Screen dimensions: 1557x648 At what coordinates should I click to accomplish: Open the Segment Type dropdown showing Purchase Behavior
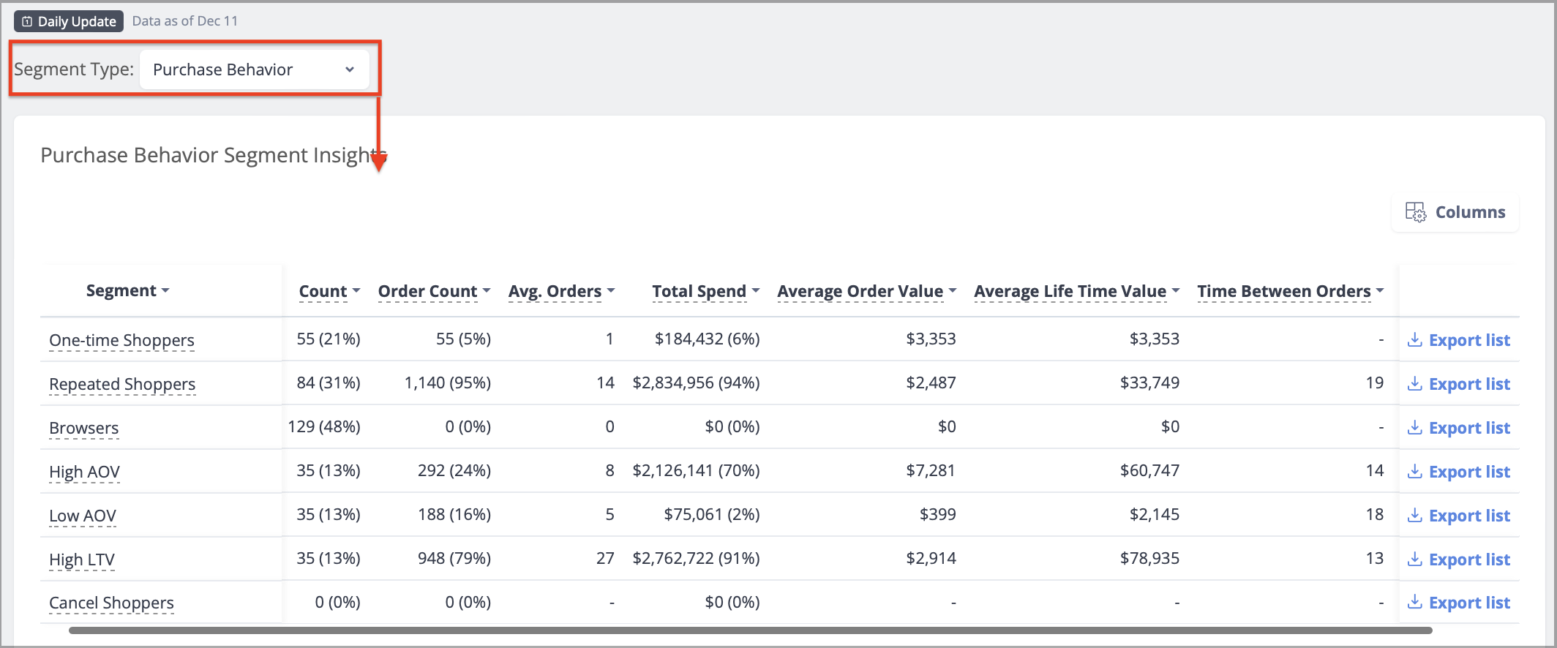[254, 69]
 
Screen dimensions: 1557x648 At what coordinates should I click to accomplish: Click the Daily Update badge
[69, 21]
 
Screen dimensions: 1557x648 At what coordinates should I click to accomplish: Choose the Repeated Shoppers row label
[122, 384]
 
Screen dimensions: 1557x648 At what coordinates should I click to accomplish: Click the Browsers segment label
[84, 428]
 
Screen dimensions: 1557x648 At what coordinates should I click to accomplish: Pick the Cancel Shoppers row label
[111, 603]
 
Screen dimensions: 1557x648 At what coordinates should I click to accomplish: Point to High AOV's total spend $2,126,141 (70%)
[697, 470]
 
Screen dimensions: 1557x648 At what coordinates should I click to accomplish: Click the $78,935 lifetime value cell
[1149, 558]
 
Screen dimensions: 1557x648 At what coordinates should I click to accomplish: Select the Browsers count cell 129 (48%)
[324, 426]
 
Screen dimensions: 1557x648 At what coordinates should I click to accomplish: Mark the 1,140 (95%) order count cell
[448, 383]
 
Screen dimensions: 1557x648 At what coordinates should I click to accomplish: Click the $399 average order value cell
[938, 514]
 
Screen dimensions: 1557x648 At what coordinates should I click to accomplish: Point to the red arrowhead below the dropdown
[379, 162]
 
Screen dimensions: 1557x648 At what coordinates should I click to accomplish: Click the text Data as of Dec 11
[185, 21]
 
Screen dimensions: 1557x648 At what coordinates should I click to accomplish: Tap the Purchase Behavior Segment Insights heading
[213, 155]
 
